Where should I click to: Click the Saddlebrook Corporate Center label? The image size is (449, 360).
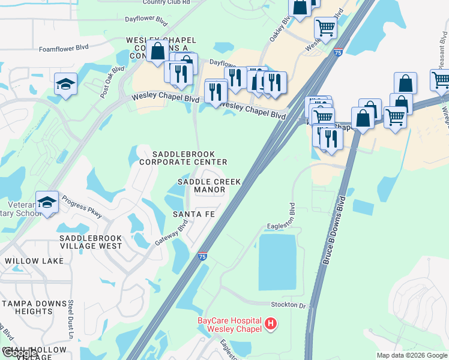pyautogui.click(x=183, y=158)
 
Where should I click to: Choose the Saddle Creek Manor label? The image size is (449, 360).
pyautogui.click(x=209, y=185)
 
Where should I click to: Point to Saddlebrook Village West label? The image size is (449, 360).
pyautogui.click(x=91, y=242)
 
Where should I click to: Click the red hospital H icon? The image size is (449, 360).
pyautogui.click(x=271, y=324)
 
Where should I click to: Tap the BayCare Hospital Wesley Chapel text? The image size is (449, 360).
pyautogui.click(x=230, y=325)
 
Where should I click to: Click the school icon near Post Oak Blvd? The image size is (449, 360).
pyautogui.click(x=65, y=83)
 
